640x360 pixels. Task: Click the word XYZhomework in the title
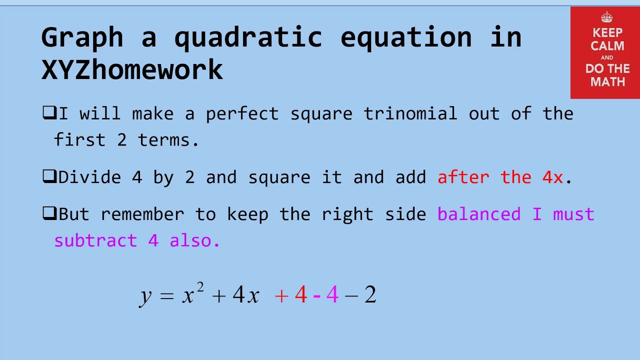pyautogui.click(x=132, y=69)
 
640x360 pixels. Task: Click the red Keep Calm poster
pyautogui.click(x=605, y=52)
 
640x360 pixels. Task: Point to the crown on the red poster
pyautogui.click(x=607, y=18)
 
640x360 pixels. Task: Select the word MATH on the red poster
pyautogui.click(x=607, y=81)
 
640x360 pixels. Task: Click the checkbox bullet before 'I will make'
pyautogui.click(x=48, y=113)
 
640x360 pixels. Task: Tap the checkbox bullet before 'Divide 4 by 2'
pyautogui.click(x=48, y=177)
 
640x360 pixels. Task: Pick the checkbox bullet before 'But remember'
pyautogui.click(x=48, y=214)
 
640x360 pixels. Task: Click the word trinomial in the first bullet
pyautogui.click(x=410, y=113)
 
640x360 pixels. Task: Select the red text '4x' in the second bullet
pyautogui.click(x=552, y=177)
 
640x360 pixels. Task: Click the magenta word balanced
pyautogui.click(x=478, y=214)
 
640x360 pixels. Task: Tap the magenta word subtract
pyautogui.click(x=95, y=240)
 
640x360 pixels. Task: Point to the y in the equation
pyautogui.click(x=145, y=295)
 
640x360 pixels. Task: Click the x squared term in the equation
pyautogui.click(x=192, y=293)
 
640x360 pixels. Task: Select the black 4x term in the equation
pyautogui.click(x=245, y=295)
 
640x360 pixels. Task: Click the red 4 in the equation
pyautogui.click(x=300, y=295)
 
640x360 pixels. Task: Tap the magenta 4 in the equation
pyautogui.click(x=332, y=295)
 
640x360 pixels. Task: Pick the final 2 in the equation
pyautogui.click(x=370, y=295)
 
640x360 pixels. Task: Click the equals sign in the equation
pyautogui.click(x=166, y=295)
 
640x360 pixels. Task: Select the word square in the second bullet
pyautogui.click(x=279, y=177)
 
